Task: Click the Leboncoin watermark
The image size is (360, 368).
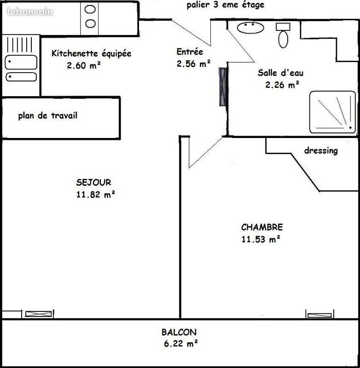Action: tap(30, 12)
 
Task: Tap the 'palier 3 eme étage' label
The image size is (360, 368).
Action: tap(226, 6)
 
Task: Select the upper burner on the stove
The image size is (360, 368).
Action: tap(91, 9)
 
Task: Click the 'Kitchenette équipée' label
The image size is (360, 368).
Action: tap(91, 53)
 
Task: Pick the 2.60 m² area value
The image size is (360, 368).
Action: tap(84, 65)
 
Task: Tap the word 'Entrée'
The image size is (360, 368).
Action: tap(190, 52)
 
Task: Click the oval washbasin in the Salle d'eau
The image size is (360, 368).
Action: tap(251, 27)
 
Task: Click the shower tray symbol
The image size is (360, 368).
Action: tap(332, 112)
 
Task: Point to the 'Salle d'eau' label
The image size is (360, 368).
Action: tap(280, 73)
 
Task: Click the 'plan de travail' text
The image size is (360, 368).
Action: tap(47, 115)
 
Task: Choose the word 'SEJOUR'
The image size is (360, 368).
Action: tap(94, 183)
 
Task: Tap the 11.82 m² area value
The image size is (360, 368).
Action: tap(95, 195)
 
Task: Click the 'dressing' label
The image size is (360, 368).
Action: tap(321, 150)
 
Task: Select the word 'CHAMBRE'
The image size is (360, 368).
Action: tap(261, 227)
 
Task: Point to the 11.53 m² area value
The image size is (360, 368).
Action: tap(261, 239)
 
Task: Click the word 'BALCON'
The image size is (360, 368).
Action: tap(179, 332)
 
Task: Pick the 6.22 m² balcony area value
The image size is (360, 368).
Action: tap(180, 343)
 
